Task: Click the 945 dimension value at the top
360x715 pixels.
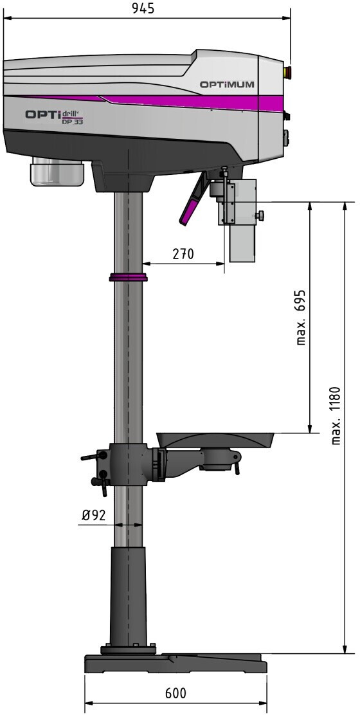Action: (x=144, y=8)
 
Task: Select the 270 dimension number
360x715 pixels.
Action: (x=183, y=253)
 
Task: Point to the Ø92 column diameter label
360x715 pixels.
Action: (x=93, y=515)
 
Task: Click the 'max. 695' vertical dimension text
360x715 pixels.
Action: (x=300, y=317)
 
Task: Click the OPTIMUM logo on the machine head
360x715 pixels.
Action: (x=226, y=84)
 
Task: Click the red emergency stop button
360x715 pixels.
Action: (x=287, y=71)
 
